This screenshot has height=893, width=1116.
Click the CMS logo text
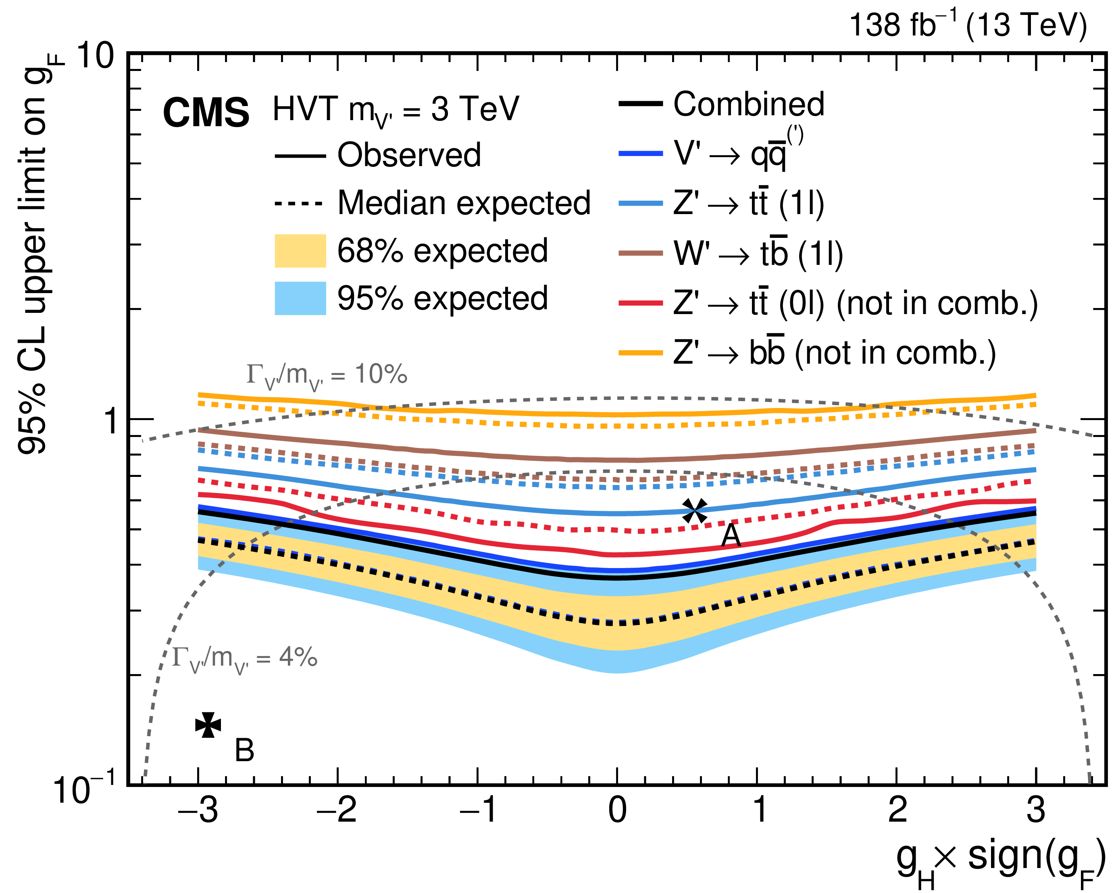[x=206, y=113]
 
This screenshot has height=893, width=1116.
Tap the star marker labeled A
[x=694, y=511]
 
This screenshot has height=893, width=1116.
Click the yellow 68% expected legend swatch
[x=300, y=251]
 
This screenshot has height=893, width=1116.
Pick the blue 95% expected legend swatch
[x=300, y=298]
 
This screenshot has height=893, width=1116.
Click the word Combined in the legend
[x=748, y=104]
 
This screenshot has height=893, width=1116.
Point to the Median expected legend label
[x=464, y=202]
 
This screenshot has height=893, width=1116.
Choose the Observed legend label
[x=409, y=155]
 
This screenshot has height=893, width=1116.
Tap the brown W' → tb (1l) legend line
[x=640, y=253]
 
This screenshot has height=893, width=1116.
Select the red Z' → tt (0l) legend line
[x=640, y=303]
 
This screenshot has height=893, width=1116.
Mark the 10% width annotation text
[x=327, y=375]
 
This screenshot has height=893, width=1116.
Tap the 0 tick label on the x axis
[x=617, y=810]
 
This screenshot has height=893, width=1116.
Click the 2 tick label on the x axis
[x=897, y=810]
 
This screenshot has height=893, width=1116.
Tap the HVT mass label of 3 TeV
[x=396, y=110]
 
